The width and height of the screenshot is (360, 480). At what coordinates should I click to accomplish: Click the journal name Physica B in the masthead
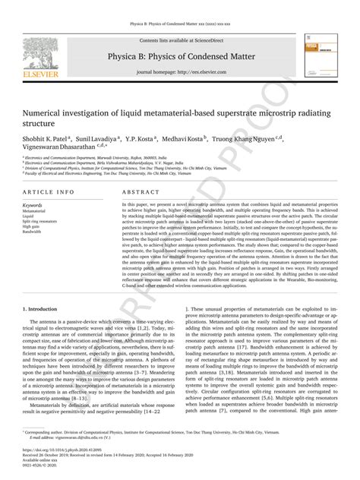pos(180,55)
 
